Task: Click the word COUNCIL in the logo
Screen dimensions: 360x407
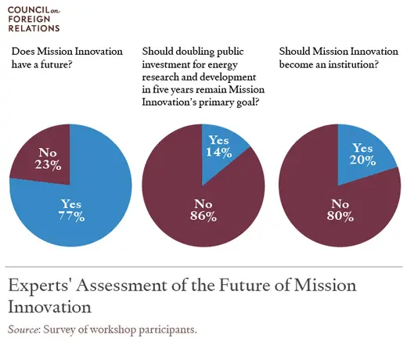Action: pos(25,9)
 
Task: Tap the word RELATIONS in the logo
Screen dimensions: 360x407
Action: pos(32,28)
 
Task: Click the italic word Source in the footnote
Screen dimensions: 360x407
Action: pos(23,329)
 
